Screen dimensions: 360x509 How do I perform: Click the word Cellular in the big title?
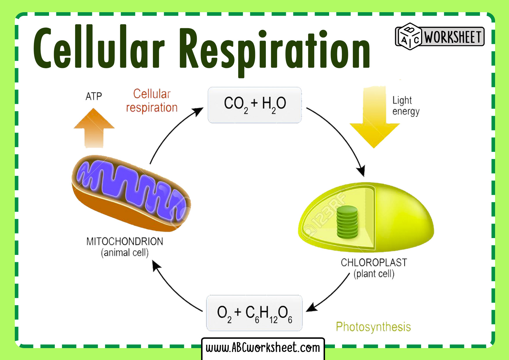click(99, 48)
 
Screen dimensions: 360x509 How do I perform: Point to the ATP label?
click(94, 96)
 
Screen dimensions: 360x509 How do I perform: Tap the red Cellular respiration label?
click(152, 101)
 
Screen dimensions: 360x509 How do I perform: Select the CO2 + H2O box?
click(255, 105)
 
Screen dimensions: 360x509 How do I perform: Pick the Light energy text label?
click(405, 106)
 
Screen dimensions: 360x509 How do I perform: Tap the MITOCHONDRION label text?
click(124, 241)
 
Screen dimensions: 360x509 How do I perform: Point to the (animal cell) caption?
click(124, 253)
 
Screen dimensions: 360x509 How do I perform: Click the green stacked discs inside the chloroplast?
click(347, 222)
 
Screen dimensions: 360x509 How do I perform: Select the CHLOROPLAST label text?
click(374, 262)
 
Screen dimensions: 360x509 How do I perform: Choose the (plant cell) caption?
click(374, 274)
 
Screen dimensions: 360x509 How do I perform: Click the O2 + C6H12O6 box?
click(254, 313)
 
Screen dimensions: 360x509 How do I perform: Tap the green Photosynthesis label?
click(373, 327)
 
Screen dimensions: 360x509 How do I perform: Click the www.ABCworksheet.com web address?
click(263, 348)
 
